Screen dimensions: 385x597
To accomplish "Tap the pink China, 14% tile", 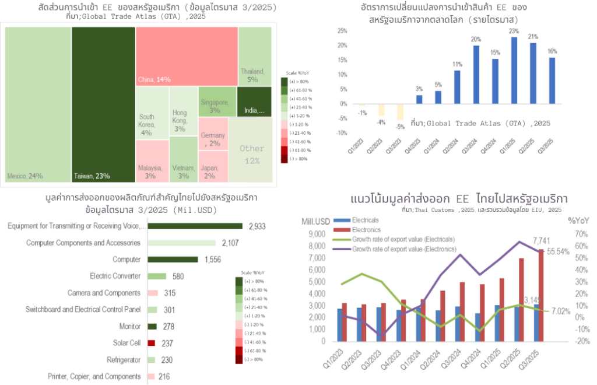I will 187,56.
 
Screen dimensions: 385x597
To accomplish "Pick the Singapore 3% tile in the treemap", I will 216,101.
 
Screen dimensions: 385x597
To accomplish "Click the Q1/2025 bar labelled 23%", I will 514,71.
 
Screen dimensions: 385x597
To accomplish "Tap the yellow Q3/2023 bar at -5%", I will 400,111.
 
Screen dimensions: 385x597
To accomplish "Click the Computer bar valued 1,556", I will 173,260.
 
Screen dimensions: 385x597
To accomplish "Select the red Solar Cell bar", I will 151,343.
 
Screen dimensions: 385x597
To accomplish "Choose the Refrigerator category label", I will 117,360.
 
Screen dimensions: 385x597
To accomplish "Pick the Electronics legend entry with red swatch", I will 363,229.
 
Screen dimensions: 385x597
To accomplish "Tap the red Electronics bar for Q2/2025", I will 522,299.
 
